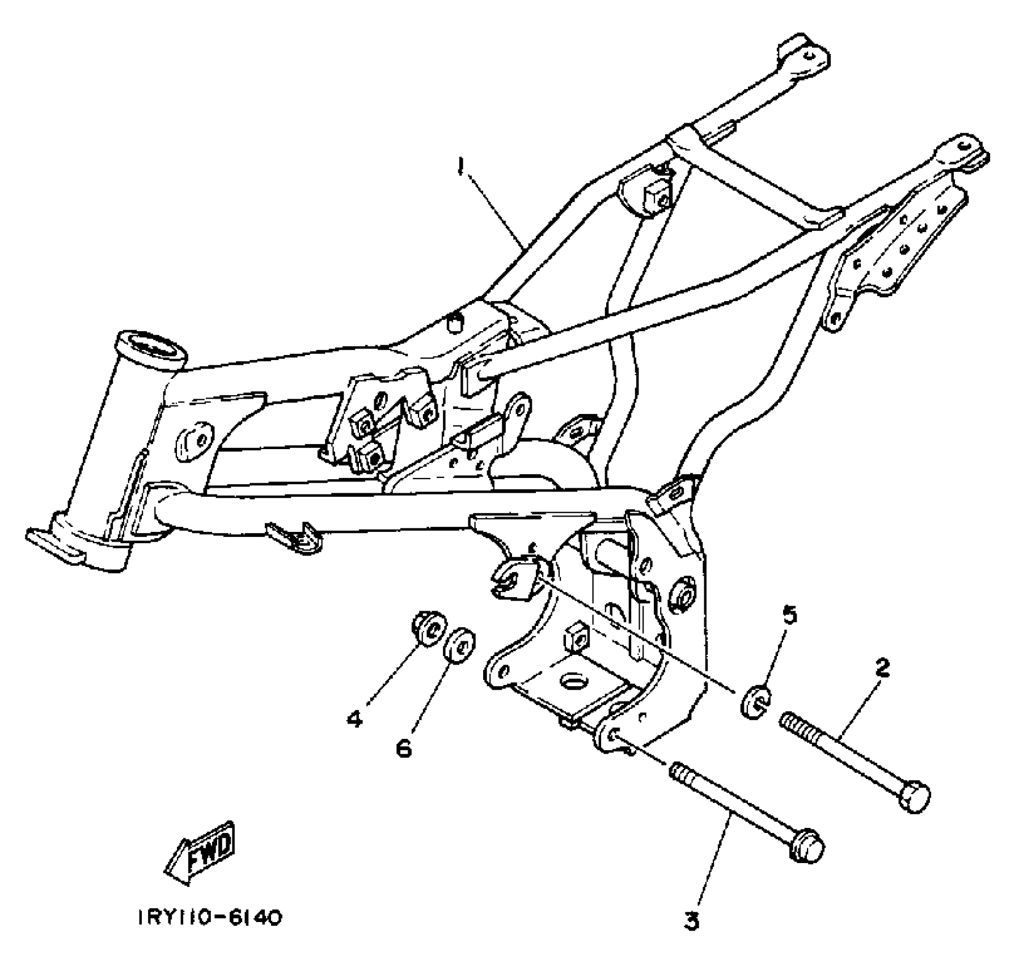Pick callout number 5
[789, 614]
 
